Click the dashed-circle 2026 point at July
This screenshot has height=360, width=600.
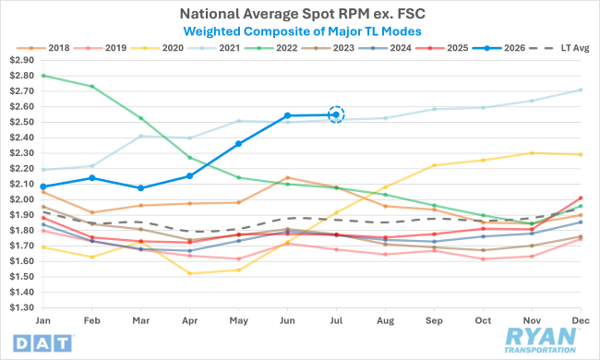336,114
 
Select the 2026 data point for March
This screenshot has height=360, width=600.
141,187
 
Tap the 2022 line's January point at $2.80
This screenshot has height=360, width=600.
43,76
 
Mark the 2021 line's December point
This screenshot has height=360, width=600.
581,90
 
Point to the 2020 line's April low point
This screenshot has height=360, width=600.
190,273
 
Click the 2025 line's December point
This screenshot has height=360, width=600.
581,198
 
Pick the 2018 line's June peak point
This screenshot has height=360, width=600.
287,177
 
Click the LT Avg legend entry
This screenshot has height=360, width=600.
562,48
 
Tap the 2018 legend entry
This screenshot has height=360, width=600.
43,48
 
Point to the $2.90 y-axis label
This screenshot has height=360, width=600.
22,60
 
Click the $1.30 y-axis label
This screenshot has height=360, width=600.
22,307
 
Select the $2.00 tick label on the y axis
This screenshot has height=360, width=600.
22,199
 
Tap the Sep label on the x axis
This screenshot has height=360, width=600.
434,320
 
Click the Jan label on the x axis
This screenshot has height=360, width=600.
43,320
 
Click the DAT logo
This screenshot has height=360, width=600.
42,343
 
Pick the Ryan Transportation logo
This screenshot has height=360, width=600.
540,340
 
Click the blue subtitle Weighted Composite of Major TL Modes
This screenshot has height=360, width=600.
302,31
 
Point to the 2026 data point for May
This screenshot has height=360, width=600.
238,144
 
